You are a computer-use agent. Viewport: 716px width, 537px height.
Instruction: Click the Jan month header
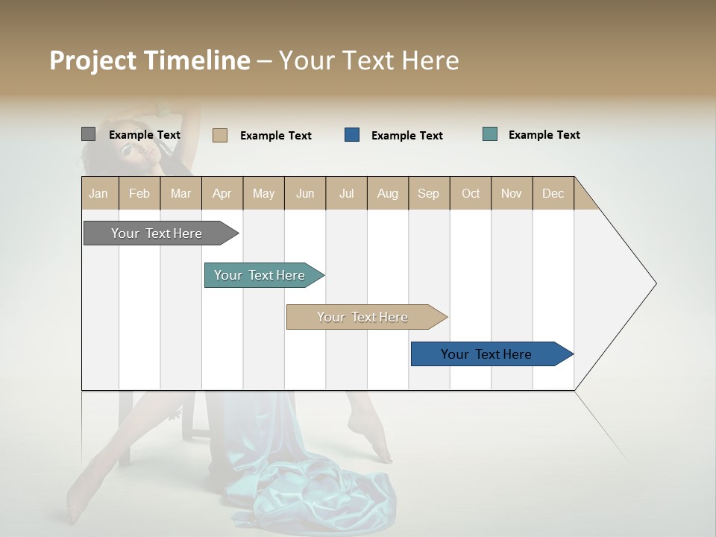click(x=99, y=193)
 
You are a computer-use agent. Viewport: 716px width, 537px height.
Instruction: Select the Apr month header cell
click(x=222, y=193)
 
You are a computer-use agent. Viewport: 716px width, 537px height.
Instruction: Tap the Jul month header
click(x=346, y=193)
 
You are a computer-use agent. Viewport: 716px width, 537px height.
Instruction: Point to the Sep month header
click(x=429, y=193)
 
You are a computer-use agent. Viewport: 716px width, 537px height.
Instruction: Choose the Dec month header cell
click(x=553, y=193)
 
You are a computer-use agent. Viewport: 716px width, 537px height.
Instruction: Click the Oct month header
click(x=471, y=193)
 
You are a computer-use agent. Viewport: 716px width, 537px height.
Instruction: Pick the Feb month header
click(x=139, y=193)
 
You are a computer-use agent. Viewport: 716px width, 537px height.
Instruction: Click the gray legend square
click(x=88, y=134)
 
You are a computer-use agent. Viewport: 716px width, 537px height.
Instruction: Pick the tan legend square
click(x=220, y=135)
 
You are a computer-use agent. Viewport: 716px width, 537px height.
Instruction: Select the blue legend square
click(x=352, y=135)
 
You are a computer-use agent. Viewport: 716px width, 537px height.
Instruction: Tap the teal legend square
click(x=490, y=134)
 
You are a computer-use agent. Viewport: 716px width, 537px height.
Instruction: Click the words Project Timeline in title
click(x=149, y=60)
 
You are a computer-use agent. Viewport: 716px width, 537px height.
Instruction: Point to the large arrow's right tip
click(x=654, y=283)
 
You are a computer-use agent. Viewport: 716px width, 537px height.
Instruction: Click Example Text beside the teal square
click(x=544, y=135)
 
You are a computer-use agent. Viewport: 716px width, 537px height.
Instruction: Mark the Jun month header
click(x=305, y=193)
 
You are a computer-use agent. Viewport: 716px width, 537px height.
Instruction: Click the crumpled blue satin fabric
click(x=328, y=492)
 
